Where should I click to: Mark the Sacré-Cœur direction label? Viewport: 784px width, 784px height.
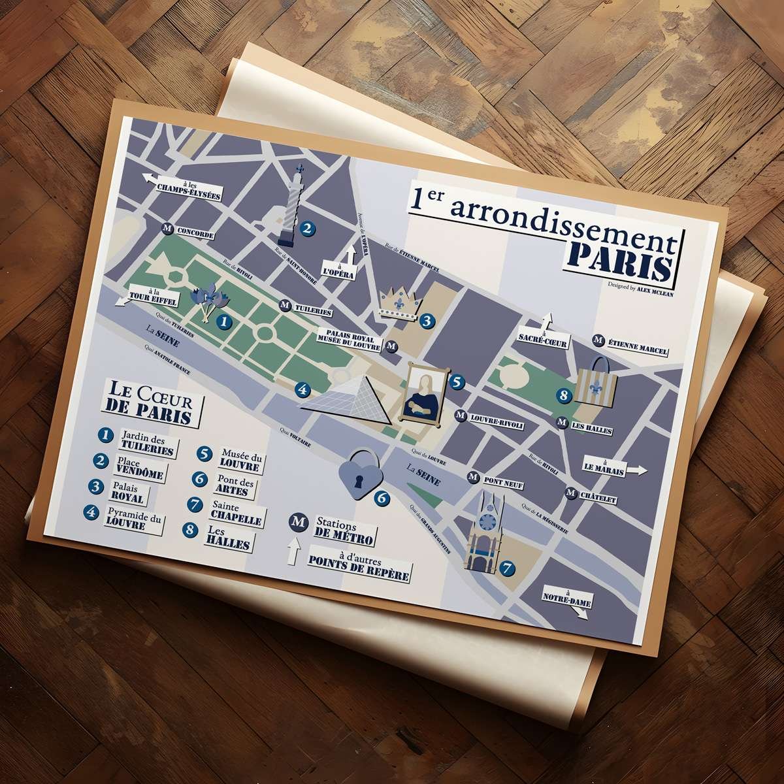(x=543, y=338)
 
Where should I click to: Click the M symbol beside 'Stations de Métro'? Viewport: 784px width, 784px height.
(x=299, y=524)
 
